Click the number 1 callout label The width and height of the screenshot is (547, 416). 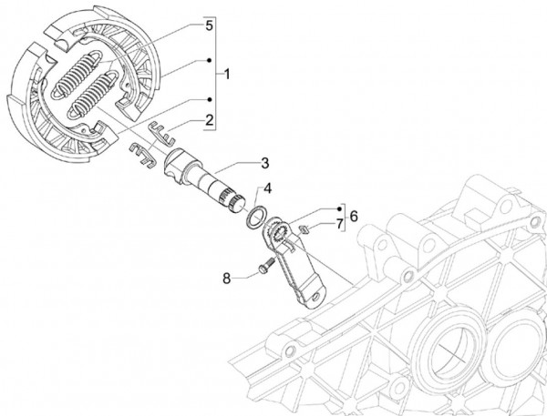coord(229,71)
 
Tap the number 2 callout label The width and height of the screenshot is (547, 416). coord(209,120)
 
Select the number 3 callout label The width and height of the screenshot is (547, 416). coord(263,164)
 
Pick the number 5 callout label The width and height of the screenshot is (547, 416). coord(209,28)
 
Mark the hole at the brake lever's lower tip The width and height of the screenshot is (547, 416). coord(315,294)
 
